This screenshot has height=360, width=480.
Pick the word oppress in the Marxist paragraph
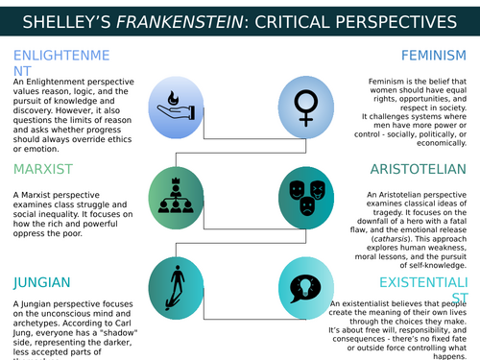[30, 234]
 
